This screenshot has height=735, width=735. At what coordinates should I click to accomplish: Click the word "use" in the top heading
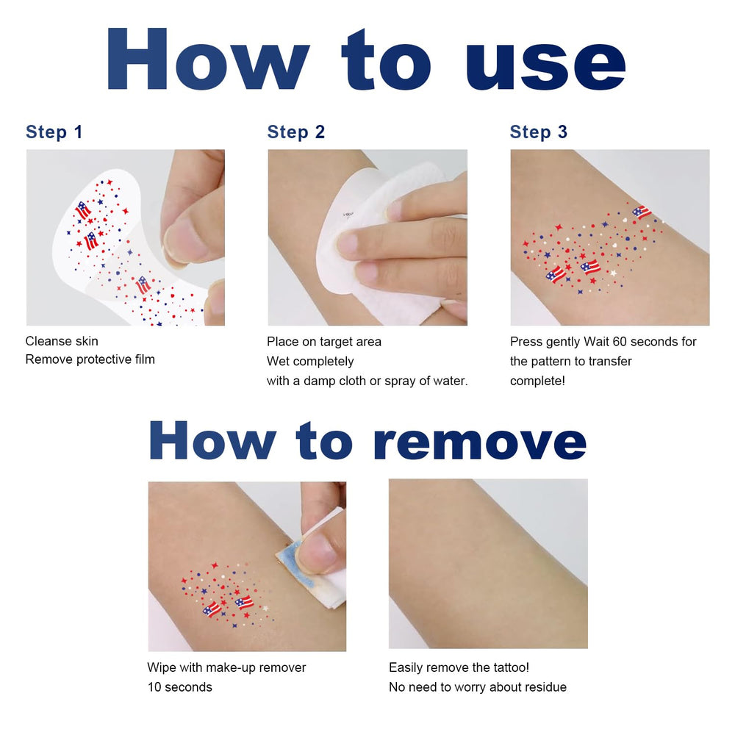pos(545,65)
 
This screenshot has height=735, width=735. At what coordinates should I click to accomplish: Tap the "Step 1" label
pos(54,132)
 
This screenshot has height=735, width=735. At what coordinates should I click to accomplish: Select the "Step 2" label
pos(295,132)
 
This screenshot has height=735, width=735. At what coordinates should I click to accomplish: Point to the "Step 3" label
pos(539,132)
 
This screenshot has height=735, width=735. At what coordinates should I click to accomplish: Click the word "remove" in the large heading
pos(480,441)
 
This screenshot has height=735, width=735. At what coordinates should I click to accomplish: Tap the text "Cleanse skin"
pos(62,341)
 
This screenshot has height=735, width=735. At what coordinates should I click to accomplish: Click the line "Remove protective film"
pos(90,359)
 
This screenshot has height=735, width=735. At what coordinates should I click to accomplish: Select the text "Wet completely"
pos(310,362)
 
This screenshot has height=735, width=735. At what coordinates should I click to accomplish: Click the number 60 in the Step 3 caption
pos(620,342)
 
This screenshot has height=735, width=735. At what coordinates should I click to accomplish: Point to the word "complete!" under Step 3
pos(538,381)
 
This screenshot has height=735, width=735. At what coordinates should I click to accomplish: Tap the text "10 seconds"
pos(180,687)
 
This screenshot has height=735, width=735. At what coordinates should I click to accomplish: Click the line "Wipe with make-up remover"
pos(226,667)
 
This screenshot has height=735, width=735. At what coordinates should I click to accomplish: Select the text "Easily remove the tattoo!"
pos(459,667)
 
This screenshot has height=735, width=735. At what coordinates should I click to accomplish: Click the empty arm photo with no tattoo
pos(488,564)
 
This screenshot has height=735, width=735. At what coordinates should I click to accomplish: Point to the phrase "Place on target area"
pos(324,342)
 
